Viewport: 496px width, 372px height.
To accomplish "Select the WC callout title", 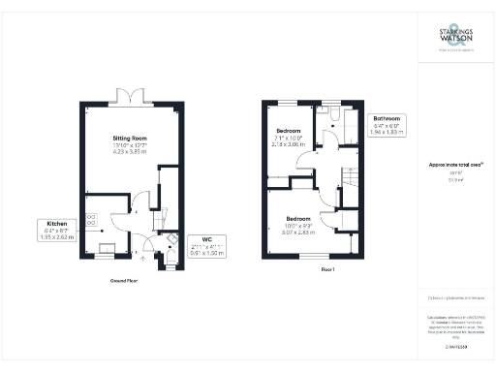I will [207, 238].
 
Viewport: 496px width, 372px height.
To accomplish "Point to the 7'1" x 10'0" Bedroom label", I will [289, 131].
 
